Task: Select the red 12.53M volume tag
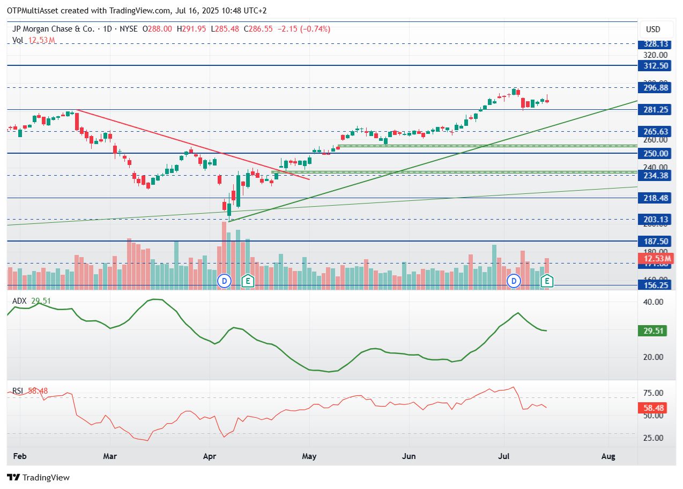coord(654,259)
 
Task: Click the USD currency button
coord(653,29)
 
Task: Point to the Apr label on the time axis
coord(210,456)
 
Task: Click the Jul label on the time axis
coord(504,456)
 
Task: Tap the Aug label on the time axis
coord(608,456)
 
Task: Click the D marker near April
coord(224,281)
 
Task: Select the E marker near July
coord(547,281)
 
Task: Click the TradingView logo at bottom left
coord(39,477)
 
